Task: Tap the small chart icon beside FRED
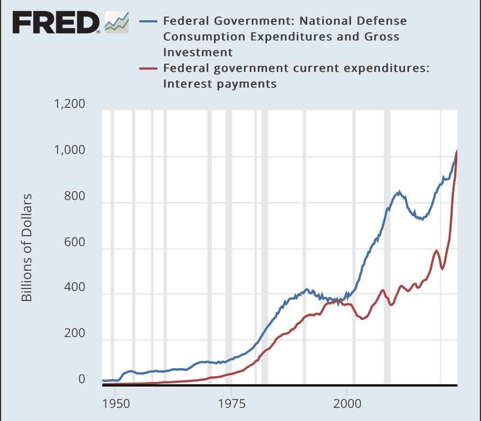coord(117,21)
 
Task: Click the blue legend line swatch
coord(149,22)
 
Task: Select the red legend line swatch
coord(149,68)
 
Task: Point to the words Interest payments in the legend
coord(220,83)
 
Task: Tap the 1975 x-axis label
coord(231,401)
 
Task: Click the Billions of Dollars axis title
coord(27,247)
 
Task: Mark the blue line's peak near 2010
coord(398,191)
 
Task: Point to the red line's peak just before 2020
coord(437,250)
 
